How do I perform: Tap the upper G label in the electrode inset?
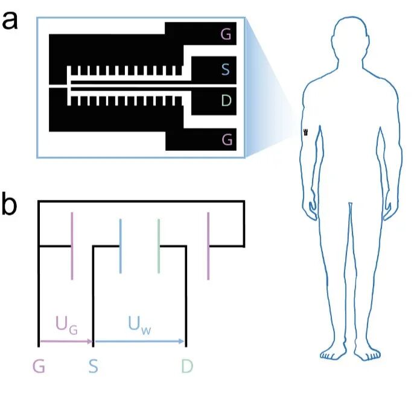tap(226, 35)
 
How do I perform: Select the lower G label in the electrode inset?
tap(227, 139)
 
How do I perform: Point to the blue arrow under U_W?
tap(139, 342)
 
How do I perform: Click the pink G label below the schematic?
tap(39, 365)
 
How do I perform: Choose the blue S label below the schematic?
tap(93, 365)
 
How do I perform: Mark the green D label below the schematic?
tap(186, 365)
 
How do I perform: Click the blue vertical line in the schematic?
tap(121, 246)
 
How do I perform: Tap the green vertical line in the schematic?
tap(158, 246)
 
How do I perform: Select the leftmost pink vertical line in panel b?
tap(72, 246)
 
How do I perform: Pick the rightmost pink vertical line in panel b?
tap(208, 246)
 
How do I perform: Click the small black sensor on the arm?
tap(306, 132)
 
